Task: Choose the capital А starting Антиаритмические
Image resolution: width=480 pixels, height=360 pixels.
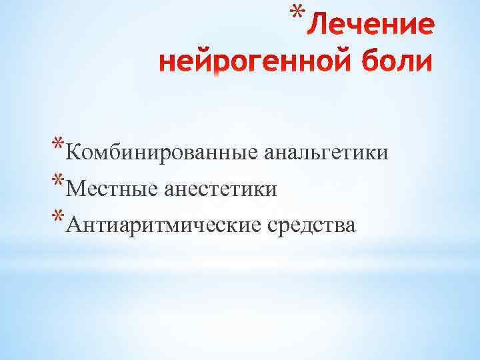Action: pyautogui.click(x=75, y=227)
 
